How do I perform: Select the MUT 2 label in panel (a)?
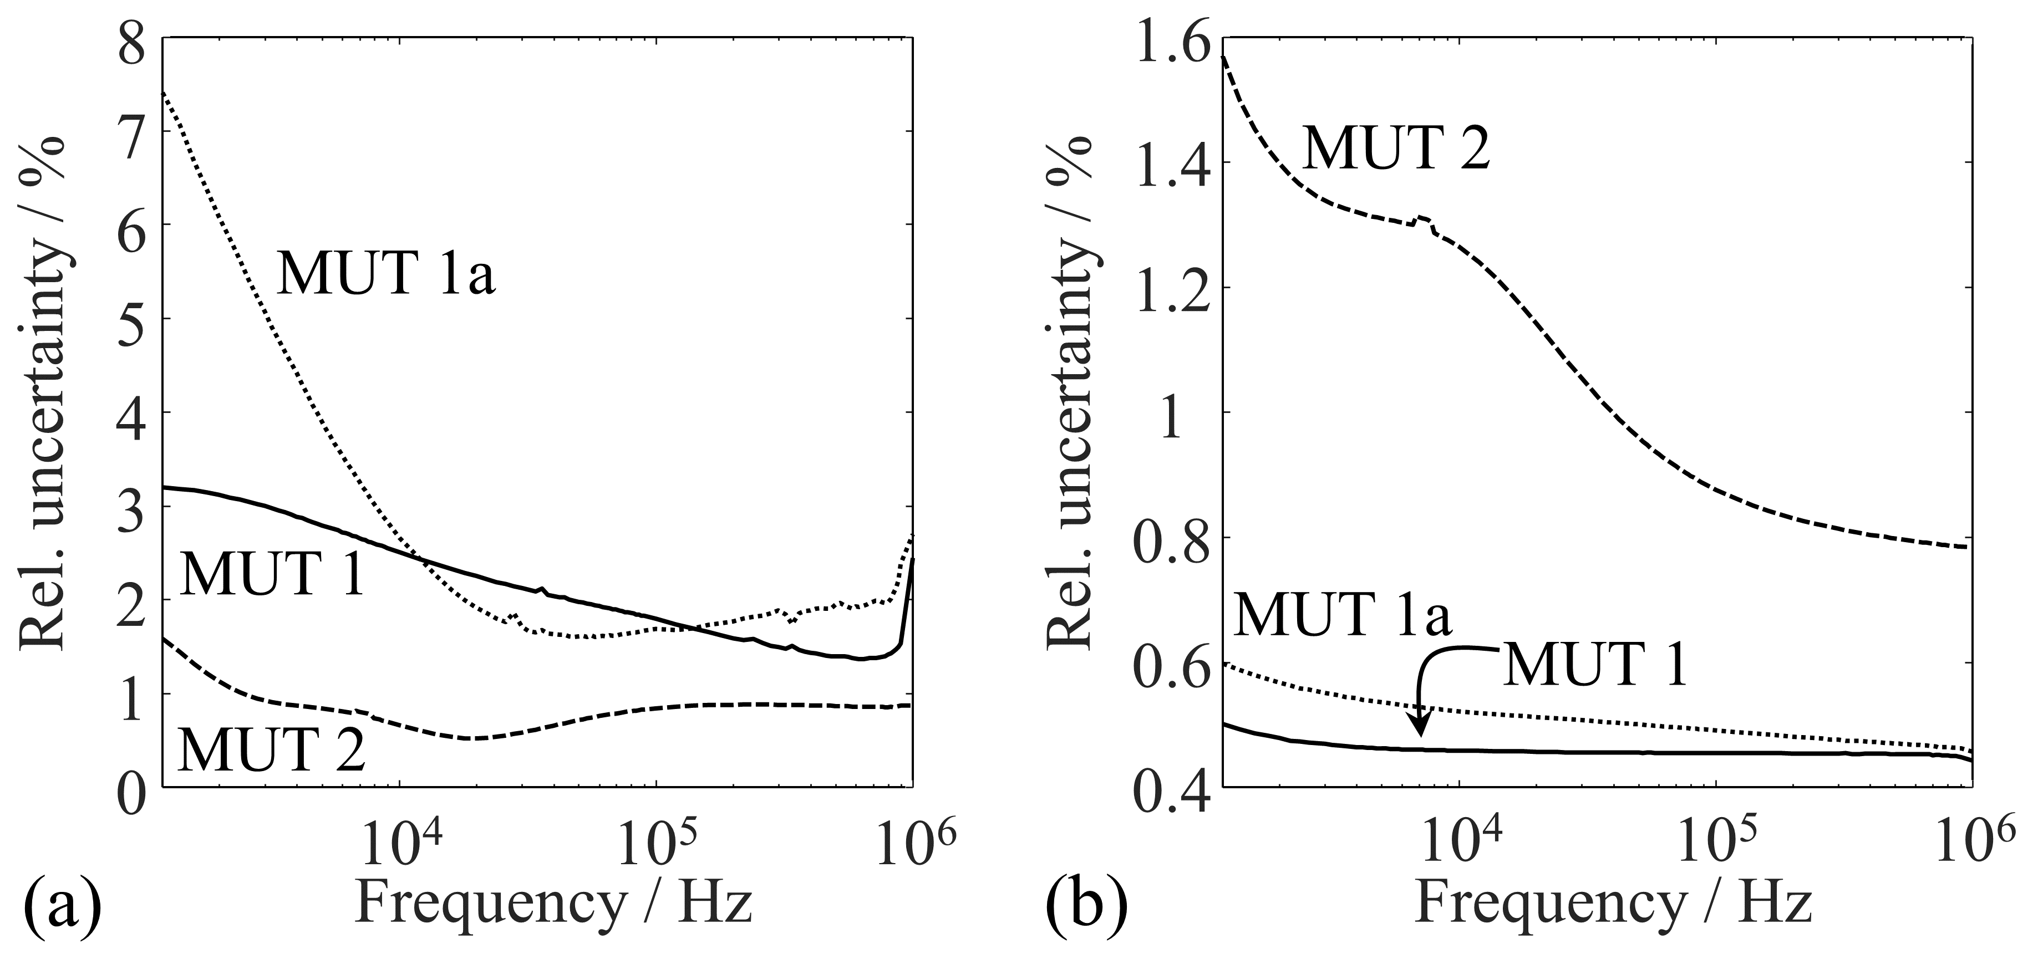272,749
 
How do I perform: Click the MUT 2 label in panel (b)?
1396,147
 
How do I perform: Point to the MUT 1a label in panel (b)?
1341,614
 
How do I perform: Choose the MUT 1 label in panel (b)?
1595,665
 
